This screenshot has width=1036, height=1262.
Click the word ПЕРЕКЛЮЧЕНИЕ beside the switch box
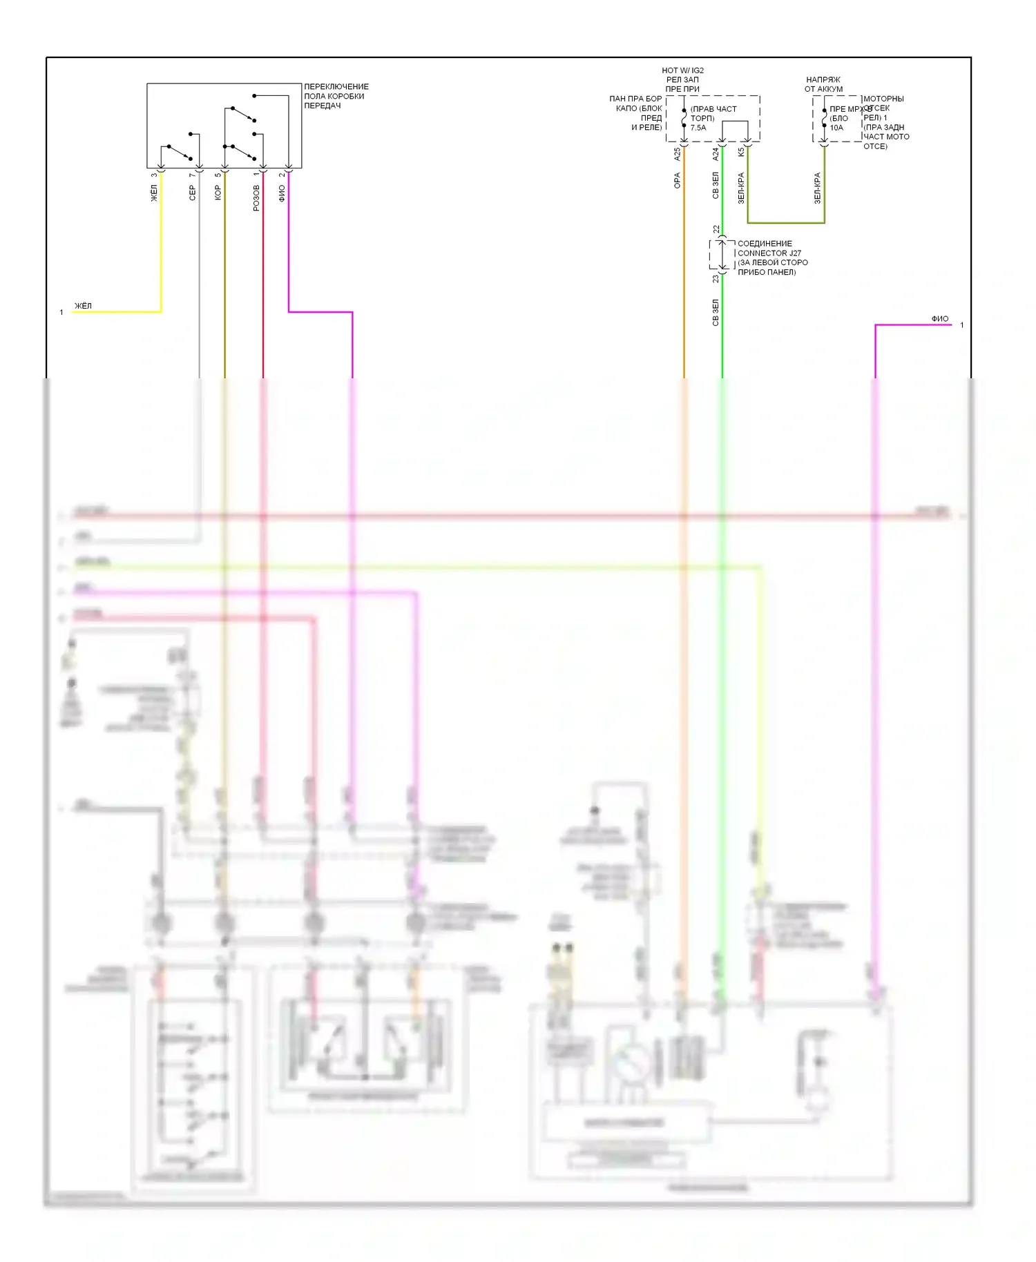pos(336,87)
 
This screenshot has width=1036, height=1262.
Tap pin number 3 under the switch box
pos(154,175)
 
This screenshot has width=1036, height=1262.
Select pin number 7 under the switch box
pos(193,175)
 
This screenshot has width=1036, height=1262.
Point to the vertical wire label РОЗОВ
pos(256,197)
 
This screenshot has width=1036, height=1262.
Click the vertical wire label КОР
pos(218,193)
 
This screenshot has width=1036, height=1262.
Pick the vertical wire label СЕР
pos(193,193)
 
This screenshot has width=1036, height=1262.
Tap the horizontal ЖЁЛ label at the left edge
pos(83,306)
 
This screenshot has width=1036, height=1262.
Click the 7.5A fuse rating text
pos(698,128)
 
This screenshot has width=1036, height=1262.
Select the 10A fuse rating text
pos(836,128)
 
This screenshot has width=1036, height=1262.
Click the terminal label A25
pos(677,154)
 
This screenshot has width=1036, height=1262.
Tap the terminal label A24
pos(716,154)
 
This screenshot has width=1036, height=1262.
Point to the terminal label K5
pos(741,152)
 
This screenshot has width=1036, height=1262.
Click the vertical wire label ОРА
pos(677,181)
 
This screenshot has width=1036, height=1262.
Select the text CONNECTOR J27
pos(769,253)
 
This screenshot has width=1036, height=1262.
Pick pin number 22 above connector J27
pos(716,229)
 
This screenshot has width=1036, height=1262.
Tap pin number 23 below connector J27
pos(716,279)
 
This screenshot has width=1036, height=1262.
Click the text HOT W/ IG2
pos(682,70)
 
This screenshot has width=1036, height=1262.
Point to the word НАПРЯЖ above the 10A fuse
pos(823,80)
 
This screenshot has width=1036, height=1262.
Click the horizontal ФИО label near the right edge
pos(939,319)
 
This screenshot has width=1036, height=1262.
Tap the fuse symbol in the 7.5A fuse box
pos(684,119)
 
